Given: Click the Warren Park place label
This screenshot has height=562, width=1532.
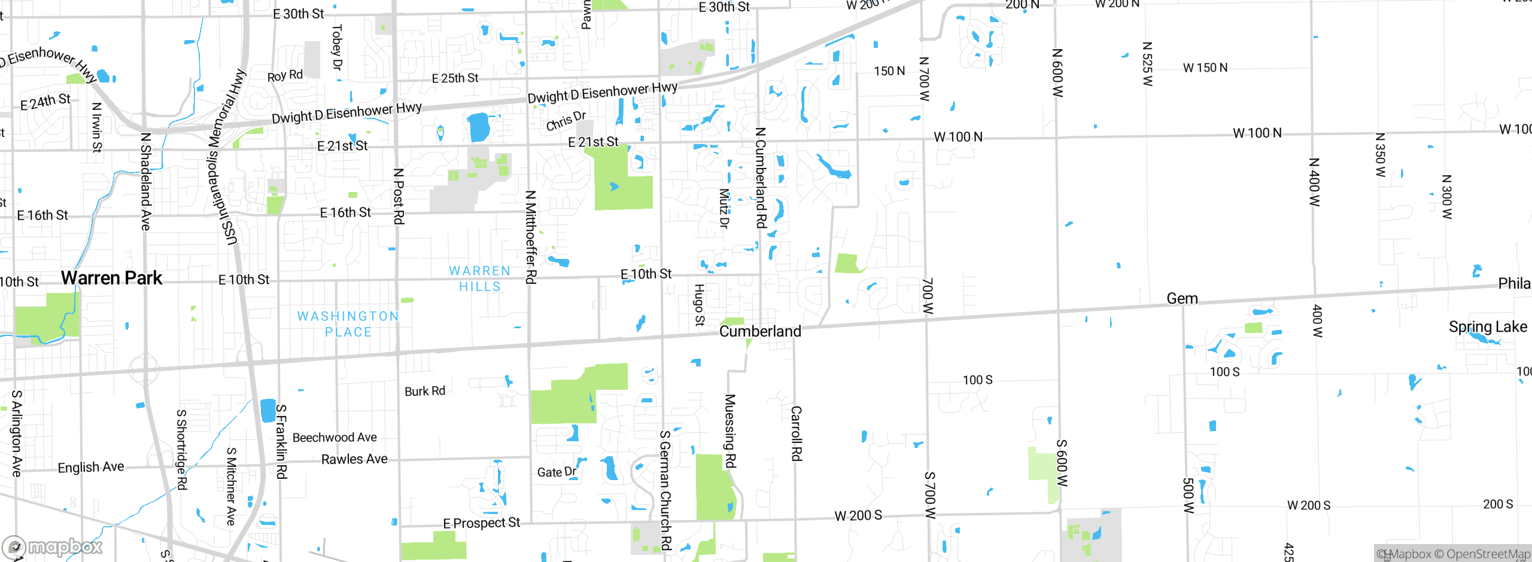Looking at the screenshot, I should pos(111,278).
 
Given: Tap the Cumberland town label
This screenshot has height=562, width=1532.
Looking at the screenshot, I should pos(760,331).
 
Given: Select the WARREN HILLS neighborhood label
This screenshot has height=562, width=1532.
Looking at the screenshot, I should pos(480,279).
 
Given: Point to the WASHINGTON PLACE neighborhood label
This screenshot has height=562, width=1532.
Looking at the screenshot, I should pos(348,324).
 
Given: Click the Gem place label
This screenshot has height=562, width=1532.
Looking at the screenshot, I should pos(1182,299).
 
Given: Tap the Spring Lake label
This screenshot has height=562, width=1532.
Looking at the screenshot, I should pos(1488,327).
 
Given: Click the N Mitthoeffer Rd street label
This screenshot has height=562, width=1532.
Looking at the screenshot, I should pos(530,237).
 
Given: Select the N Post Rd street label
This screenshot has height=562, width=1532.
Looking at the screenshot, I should pos(399,196).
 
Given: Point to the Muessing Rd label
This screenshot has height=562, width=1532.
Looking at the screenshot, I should pos(730,430).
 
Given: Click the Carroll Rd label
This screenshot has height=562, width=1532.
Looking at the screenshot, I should pos(796,433).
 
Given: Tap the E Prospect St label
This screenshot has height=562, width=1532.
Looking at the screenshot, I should pos(481,523).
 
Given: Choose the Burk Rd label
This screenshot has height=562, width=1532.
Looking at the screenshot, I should pos(425,391).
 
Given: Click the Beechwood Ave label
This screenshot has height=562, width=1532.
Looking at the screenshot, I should pos(335,438).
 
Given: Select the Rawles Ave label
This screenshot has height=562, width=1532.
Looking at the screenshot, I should pos(354,459).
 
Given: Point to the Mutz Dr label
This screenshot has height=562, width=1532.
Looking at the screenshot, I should pos(724,209).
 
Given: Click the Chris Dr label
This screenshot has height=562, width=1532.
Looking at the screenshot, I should pos(566,120).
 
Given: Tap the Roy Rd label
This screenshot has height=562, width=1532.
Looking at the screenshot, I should pos(285,75).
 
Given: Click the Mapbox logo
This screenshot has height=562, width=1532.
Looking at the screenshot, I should pos(53,546).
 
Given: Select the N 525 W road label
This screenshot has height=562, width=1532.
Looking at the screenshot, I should pos(1147,64).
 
